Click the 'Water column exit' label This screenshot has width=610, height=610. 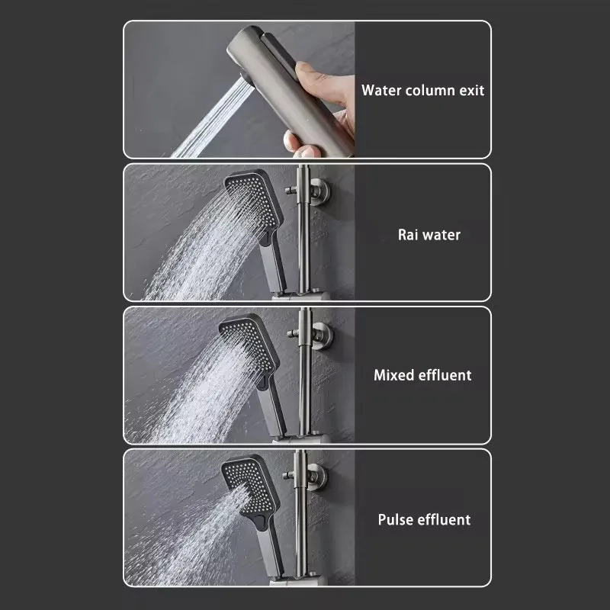(422, 90)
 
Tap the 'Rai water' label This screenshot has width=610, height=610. (429, 235)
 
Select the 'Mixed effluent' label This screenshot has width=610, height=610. (422, 375)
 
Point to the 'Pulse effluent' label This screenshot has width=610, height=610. (424, 520)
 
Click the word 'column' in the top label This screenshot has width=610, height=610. (425, 90)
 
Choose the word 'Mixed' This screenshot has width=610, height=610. (393, 375)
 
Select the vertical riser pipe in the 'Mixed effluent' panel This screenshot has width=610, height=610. (305, 389)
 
